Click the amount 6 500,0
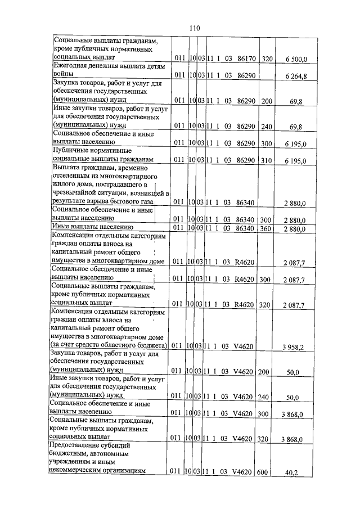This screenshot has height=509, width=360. coord(295,58)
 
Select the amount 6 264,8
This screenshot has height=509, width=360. coord(295,76)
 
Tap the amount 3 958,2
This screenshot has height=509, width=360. coord(293,347)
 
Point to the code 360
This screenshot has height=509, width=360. coord(267,228)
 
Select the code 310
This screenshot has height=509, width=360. coord(267,161)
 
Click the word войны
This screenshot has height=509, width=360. coord(63,74)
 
